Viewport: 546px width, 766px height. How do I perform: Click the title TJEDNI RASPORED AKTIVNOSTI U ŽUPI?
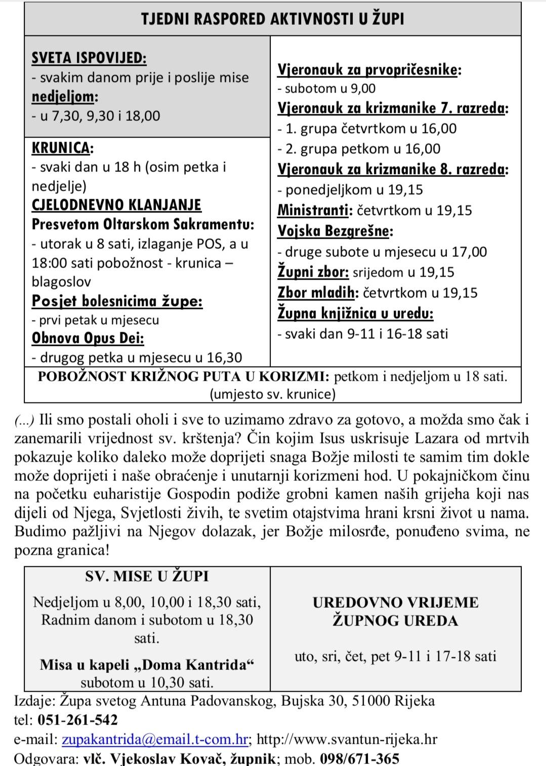click(x=272, y=19)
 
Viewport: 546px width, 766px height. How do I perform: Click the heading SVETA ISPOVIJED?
click(x=89, y=58)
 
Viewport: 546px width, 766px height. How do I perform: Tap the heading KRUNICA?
click(x=62, y=148)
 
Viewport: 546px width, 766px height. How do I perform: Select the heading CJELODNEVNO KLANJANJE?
click(x=116, y=205)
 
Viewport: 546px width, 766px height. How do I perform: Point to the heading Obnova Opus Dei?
click(x=88, y=338)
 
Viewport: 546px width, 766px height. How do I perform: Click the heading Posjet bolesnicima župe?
click(x=117, y=301)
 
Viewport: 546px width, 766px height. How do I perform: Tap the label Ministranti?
click(x=314, y=210)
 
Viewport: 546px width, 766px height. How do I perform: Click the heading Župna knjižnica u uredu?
click(x=355, y=313)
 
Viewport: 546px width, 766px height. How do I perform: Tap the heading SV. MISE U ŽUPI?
click(x=147, y=576)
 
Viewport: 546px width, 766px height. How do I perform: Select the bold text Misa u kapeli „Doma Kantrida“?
click(x=147, y=664)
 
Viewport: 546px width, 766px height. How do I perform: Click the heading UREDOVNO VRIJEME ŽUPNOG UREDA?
click(x=395, y=611)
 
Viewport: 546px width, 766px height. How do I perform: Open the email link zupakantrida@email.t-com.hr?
click(x=155, y=739)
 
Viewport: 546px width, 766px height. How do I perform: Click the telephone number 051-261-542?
click(x=77, y=720)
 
